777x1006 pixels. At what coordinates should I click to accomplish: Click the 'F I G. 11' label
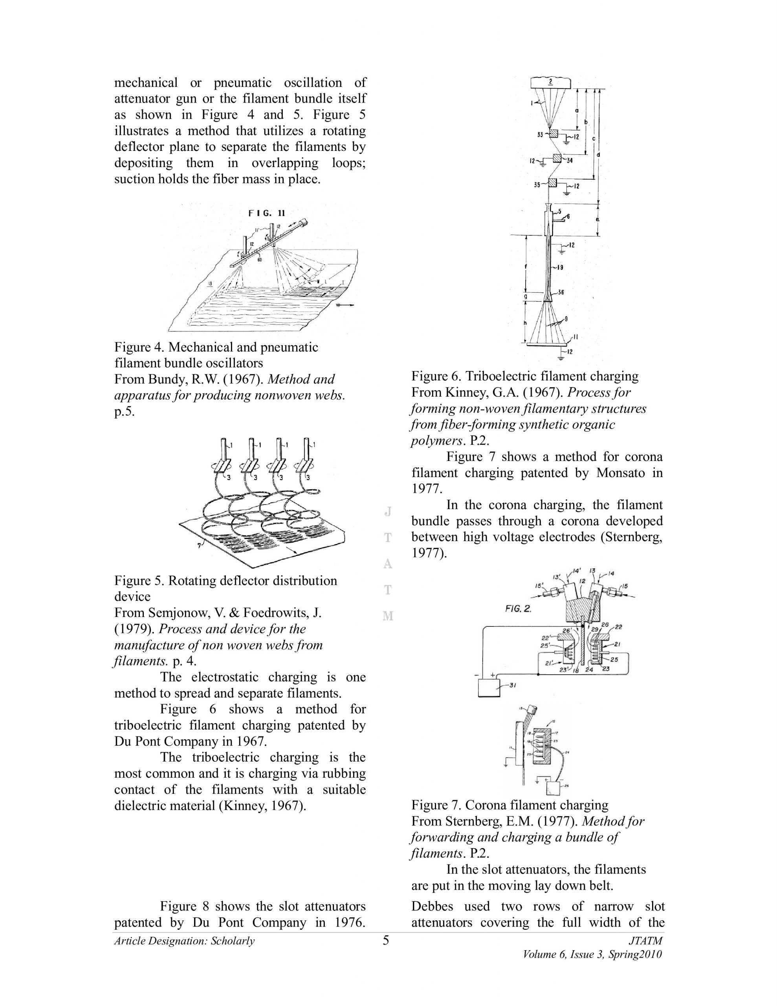pyautogui.click(x=267, y=213)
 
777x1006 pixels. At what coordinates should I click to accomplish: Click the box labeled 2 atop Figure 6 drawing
pyautogui.click(x=551, y=83)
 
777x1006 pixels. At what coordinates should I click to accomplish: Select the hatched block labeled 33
pyautogui.click(x=553, y=134)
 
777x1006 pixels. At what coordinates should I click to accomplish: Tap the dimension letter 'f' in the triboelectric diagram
pyautogui.click(x=526, y=266)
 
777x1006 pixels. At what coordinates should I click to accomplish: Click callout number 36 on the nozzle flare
pyautogui.click(x=561, y=292)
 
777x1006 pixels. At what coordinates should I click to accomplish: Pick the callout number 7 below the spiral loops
pyautogui.click(x=199, y=546)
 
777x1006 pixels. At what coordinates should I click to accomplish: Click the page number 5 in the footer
pyautogui.click(x=386, y=940)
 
